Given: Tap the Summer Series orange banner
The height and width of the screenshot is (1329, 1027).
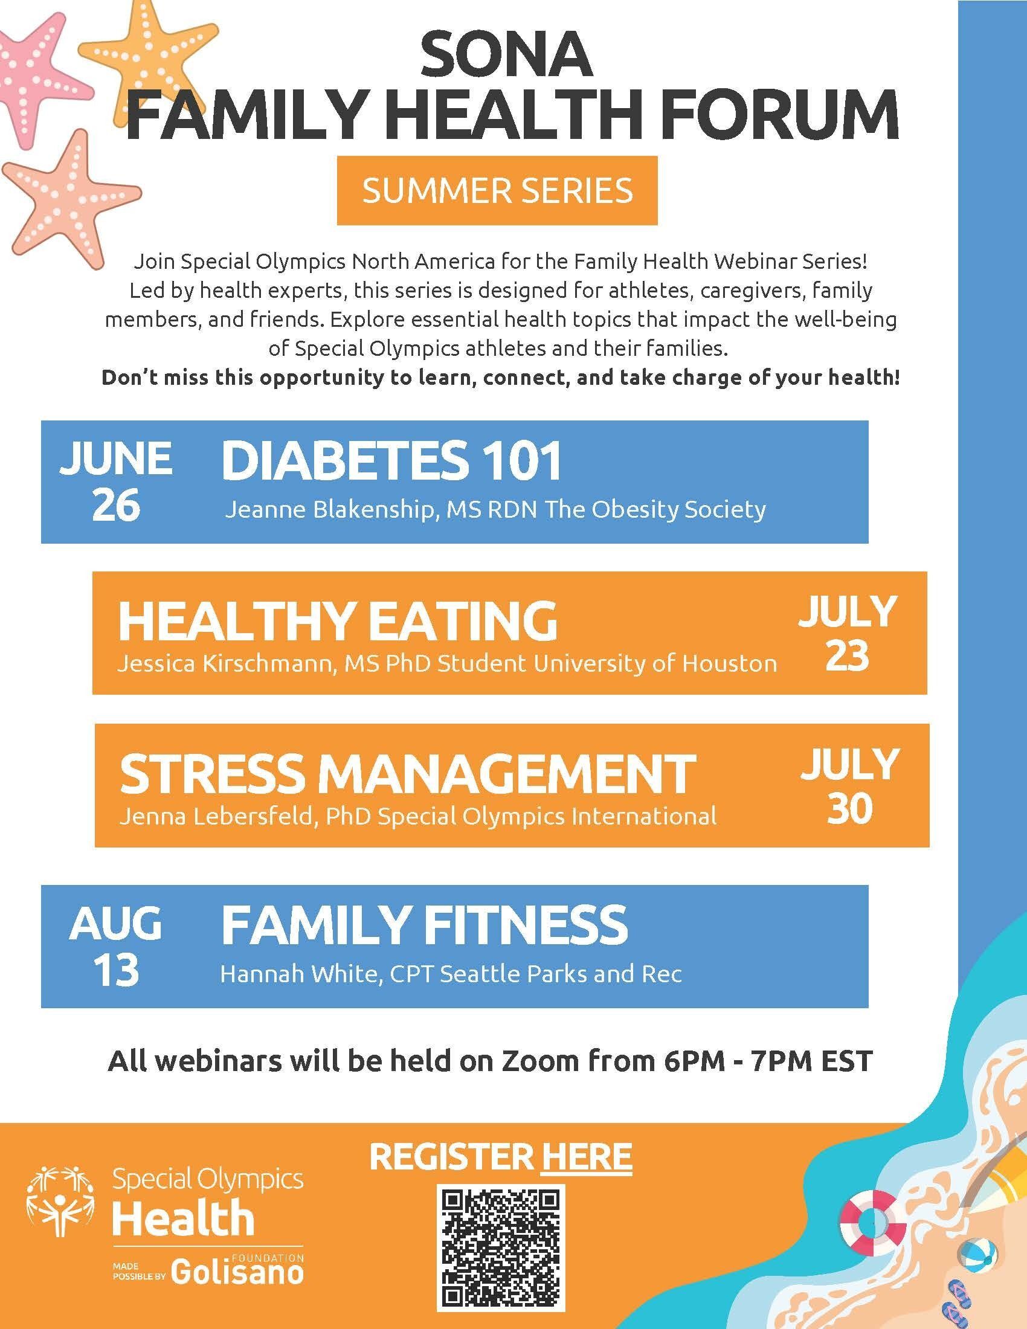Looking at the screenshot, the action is [497, 190].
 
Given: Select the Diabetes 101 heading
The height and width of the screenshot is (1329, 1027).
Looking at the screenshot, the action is [391, 461].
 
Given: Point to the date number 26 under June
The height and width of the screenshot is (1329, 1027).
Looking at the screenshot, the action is [116, 504].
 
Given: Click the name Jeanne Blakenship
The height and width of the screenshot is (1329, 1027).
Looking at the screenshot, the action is [333, 510].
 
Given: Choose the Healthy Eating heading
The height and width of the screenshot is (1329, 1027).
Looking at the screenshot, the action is [338, 620].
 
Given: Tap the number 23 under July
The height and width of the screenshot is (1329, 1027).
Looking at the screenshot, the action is [848, 656].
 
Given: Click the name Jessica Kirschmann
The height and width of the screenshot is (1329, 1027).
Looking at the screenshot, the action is [228, 663].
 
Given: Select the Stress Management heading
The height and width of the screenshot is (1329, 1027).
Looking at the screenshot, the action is [407, 773].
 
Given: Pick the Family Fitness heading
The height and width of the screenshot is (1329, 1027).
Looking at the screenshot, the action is [424, 924].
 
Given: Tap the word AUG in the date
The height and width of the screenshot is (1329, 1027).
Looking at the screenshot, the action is [115, 922].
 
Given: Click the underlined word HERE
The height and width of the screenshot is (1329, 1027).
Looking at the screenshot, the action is [586, 1156].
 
